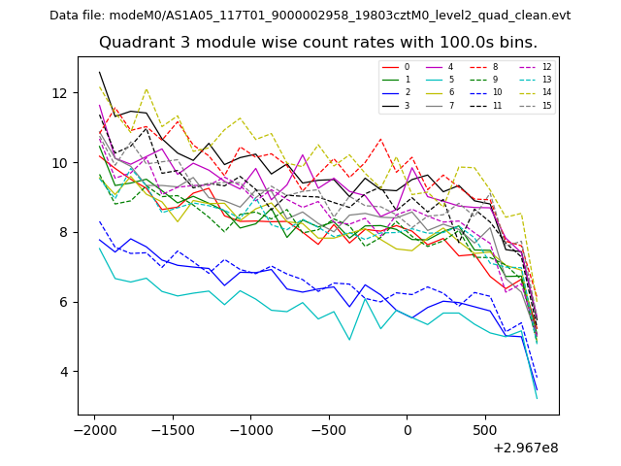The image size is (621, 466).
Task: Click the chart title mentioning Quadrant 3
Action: pyautogui.click(x=318, y=43)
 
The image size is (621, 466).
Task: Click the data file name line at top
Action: pyautogui.click(x=310, y=16)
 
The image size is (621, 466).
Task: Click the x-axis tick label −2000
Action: pyautogui.click(x=94, y=429)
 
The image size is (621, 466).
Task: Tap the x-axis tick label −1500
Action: pyautogui.click(x=172, y=429)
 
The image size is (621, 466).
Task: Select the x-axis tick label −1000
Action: pyautogui.click(x=250, y=429)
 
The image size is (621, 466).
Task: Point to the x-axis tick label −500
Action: pyautogui.click(x=329, y=429)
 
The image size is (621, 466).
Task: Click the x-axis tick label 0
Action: pyautogui.click(x=408, y=429)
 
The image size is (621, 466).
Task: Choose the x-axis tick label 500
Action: pyautogui.click(x=485, y=429)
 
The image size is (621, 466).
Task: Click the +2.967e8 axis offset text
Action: pyautogui.click(x=525, y=448)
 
